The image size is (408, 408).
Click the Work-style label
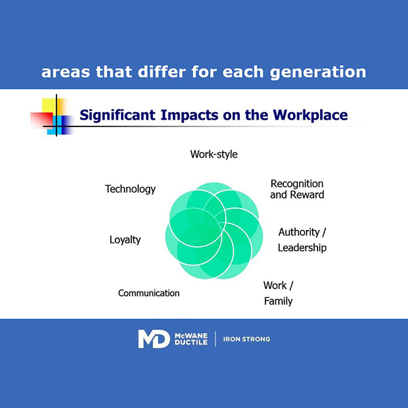pos(214,154)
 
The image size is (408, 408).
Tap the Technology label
pos(130,189)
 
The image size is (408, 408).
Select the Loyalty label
pos(125,239)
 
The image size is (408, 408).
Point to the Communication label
pos(148,293)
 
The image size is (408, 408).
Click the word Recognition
pos(297,184)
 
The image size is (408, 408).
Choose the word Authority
pos(299,232)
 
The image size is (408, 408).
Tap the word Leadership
pos(302,248)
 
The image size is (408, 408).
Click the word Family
pos(278,301)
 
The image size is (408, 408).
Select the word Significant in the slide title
pos(118,116)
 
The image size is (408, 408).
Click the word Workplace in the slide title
pos(310,116)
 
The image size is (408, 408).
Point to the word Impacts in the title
pos(189,116)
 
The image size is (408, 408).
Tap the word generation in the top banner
pos(318,72)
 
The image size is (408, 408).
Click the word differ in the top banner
pos(162,71)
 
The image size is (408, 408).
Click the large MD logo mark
pos(154,339)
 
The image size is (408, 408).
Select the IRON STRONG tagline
pos(246,339)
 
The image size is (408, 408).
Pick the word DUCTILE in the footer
pos(191,343)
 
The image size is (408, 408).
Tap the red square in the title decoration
pos(41,120)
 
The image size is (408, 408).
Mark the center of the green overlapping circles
pos(214,231)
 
